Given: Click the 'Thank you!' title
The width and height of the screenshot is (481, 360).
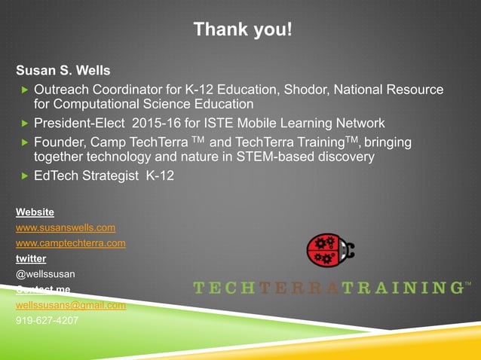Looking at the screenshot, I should [x=242, y=29].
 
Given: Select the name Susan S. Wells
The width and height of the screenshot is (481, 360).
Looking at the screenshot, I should [x=63, y=72].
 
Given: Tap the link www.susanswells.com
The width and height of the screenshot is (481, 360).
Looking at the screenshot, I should [x=66, y=227].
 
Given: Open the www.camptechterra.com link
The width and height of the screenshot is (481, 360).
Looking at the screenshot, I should [x=71, y=243].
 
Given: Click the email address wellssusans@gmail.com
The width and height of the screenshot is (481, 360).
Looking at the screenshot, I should [x=71, y=305].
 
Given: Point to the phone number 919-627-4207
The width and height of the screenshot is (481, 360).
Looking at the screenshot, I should [x=47, y=320].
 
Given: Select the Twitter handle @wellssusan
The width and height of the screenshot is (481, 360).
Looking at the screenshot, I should [x=45, y=274].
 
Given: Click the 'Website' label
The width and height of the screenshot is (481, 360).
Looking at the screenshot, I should [x=35, y=212].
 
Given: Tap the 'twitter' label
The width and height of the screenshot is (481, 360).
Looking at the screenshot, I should [x=31, y=258].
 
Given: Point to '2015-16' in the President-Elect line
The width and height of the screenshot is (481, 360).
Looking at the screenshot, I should [x=181, y=124].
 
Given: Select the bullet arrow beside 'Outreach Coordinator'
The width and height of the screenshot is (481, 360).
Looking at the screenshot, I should [x=23, y=90].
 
